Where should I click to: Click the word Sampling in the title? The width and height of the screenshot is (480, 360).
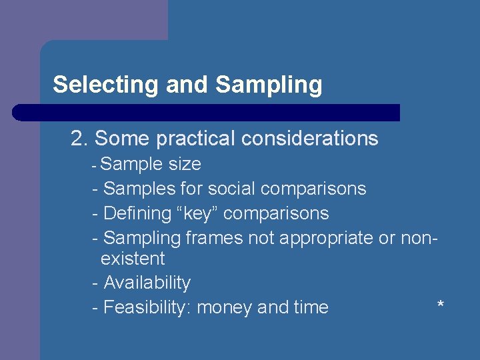[x=269, y=85]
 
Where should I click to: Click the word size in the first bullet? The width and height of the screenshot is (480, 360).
[x=185, y=164]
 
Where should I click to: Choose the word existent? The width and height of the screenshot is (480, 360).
[x=133, y=259]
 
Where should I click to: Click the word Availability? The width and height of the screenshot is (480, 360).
[x=147, y=283]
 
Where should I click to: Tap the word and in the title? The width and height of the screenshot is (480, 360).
[x=188, y=85]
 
